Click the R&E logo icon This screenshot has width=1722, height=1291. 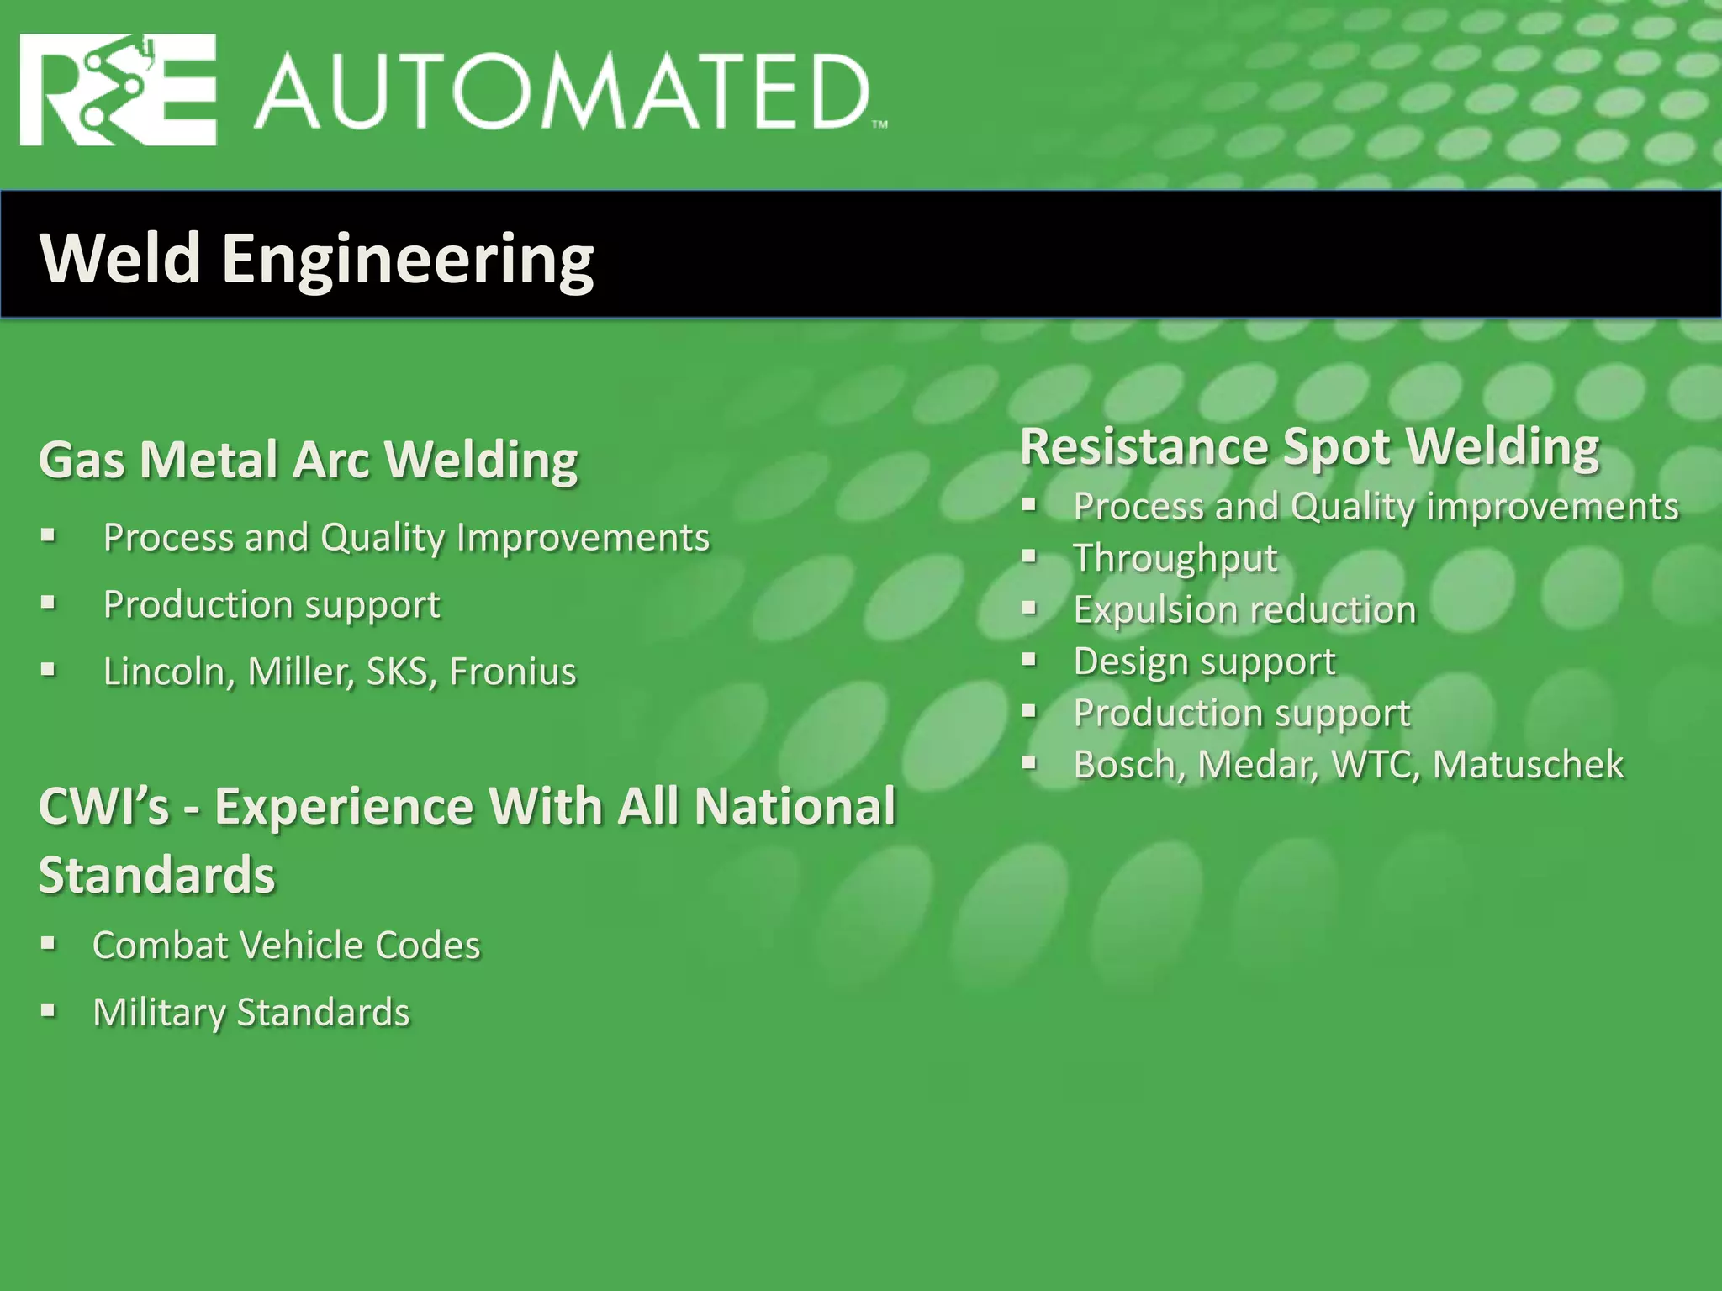118,90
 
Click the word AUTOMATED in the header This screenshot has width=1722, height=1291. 561,92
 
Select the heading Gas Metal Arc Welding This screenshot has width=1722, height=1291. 309,461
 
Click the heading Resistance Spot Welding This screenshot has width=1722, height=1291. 1309,446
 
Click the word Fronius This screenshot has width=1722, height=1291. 513,672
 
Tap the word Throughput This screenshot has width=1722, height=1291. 1175,558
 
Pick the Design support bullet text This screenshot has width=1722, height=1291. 1204,661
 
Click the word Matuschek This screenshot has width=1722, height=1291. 1528,765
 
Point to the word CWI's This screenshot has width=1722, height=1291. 104,807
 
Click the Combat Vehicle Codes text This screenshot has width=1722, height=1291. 287,946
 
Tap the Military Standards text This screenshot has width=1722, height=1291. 251,1013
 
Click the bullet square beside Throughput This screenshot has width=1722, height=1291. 1029,556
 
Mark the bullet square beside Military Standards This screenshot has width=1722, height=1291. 48,1011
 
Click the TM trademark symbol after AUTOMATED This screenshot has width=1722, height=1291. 879,125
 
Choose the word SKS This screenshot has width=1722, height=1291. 397,672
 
